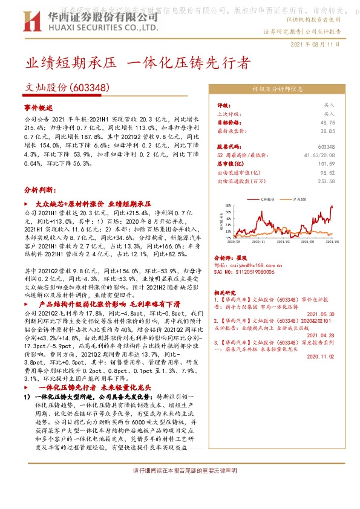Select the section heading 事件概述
pyautogui.click(x=40, y=106)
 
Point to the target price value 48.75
pyautogui.click(x=327, y=122)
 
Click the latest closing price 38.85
pyautogui.click(x=327, y=131)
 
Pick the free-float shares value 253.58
pyautogui.click(x=326, y=180)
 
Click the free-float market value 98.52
pyautogui.click(x=327, y=172)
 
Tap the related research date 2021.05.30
pyautogui.click(x=321, y=314)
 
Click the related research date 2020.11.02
pyautogui.click(x=321, y=357)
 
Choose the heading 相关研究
pyautogui.click(x=226, y=292)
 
